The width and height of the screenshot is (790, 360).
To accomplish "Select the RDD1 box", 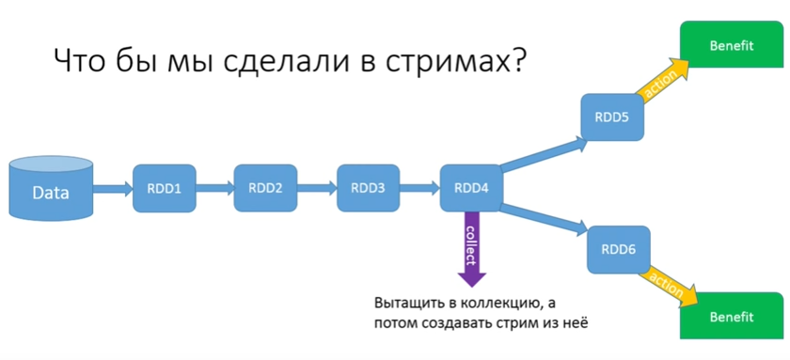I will coord(164,187).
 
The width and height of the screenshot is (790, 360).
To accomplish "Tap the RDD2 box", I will coord(265,187).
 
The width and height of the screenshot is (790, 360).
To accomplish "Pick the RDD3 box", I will coord(368,187).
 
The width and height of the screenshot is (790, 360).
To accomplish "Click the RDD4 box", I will coord(470,187).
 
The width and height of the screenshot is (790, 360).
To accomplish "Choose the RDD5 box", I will coord(612,117).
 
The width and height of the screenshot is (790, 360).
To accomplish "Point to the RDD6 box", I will coord(618,249).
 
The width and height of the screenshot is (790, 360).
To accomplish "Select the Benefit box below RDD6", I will coord(732,317).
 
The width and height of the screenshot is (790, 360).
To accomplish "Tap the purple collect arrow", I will coord(471,249).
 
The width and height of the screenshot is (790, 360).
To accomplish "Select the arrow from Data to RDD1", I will coord(114,188).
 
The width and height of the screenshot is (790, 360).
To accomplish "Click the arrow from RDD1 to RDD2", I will coord(214,188).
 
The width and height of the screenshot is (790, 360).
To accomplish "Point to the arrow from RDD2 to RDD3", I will coord(317,188).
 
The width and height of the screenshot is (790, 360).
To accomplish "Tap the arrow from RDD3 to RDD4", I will coord(419,188).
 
